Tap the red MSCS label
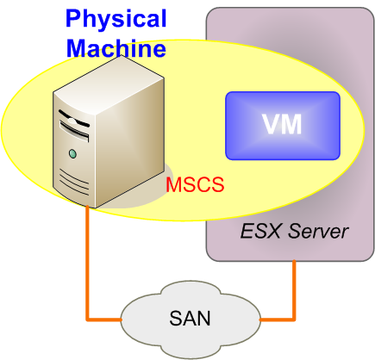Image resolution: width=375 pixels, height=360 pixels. point(195,184)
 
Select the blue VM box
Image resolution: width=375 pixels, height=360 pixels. point(283,126)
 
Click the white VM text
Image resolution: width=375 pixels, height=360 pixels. point(282,124)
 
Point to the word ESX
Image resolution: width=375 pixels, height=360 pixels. point(260,232)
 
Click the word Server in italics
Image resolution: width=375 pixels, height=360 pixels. point(318,232)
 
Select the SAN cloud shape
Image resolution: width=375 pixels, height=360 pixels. point(191,320)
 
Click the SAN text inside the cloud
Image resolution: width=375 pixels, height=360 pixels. point(190,318)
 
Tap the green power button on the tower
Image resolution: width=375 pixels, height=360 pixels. point(73,153)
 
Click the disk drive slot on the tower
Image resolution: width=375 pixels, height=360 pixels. point(74,131)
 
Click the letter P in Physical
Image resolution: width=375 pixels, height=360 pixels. point(73,18)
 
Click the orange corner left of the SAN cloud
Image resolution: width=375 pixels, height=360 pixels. point(88,320)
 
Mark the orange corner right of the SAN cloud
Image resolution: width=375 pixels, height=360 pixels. point(294,320)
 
